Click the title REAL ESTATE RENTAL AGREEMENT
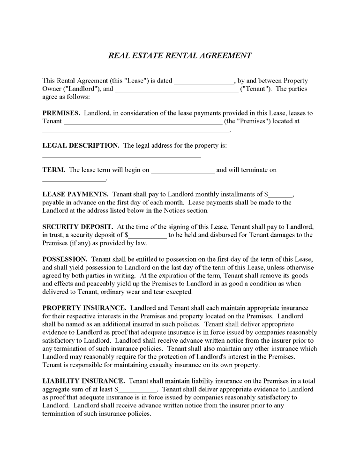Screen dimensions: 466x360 180,55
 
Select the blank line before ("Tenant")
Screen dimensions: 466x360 176,90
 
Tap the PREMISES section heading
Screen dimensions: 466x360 61,113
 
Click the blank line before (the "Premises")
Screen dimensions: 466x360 142,122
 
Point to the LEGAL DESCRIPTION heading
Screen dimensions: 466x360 81,145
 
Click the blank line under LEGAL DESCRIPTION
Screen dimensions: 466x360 121,156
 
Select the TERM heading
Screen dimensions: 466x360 53,170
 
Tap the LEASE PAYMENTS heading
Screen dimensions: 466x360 75,194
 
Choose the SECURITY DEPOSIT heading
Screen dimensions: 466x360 77,226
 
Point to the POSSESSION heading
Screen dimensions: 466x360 65,259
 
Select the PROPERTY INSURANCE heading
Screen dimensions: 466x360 84,308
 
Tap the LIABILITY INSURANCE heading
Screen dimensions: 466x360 83,381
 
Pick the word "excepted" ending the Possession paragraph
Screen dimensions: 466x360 180,292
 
